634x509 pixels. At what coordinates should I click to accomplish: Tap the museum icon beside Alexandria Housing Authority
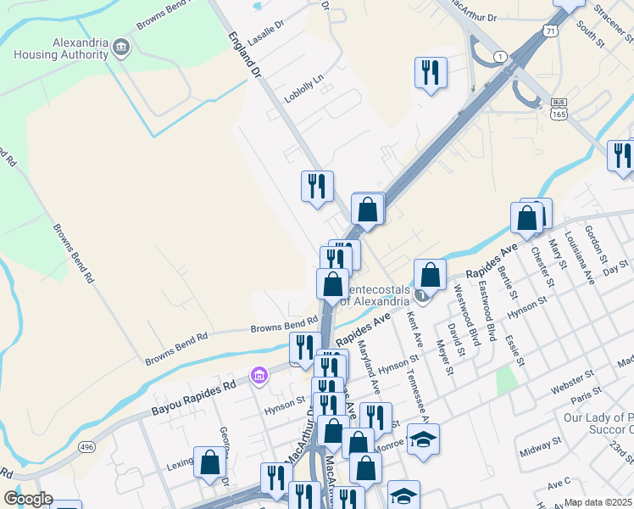(122, 45)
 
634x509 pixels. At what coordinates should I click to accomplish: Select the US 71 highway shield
(552, 31)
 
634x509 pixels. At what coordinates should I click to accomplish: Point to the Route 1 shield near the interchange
(501, 57)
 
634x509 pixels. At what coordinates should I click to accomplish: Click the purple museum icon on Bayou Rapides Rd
(259, 374)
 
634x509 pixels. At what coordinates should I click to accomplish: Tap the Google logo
(28, 499)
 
